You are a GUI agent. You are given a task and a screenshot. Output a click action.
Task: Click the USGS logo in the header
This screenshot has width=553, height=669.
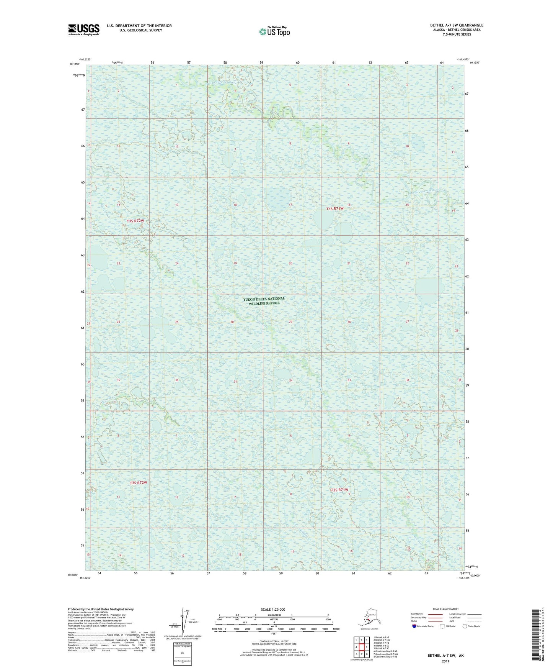click(x=83, y=30)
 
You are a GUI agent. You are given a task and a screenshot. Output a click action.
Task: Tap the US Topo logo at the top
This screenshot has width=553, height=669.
click(x=274, y=31)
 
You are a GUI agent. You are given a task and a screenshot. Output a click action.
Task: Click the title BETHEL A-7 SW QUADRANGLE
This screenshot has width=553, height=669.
click(x=457, y=25)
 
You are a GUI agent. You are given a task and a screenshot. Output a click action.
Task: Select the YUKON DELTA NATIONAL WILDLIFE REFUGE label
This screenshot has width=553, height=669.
click(x=264, y=301)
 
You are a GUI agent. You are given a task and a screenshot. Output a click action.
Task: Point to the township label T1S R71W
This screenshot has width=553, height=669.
click(x=335, y=208)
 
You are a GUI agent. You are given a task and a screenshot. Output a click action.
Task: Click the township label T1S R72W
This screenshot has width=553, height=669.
click(x=135, y=221)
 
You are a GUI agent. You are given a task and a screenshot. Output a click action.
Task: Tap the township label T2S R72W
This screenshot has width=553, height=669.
click(x=138, y=483)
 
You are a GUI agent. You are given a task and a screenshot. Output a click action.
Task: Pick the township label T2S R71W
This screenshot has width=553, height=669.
click(x=339, y=490)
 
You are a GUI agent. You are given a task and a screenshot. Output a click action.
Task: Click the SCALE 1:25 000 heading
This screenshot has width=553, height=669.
click(x=273, y=609)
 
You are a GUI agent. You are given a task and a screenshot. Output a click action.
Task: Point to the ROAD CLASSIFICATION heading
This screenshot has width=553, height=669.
click(x=446, y=609)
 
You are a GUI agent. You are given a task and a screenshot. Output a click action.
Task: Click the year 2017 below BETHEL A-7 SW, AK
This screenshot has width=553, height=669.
click(x=445, y=661)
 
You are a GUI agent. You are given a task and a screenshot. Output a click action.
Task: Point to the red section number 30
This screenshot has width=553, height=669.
click(x=232, y=322)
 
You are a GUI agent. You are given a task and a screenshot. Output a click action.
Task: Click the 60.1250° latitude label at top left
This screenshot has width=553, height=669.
click(x=75, y=64)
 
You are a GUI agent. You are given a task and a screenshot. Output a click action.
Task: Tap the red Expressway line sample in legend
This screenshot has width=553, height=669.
click(x=432, y=614)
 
